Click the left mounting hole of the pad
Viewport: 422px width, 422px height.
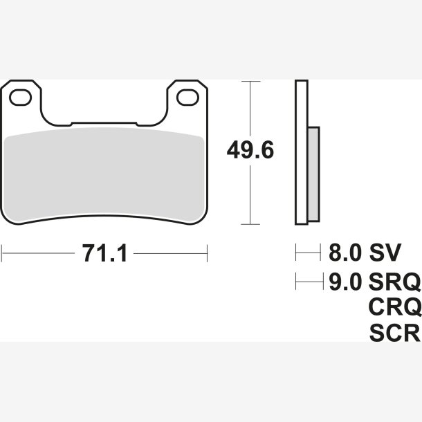pyautogui.click(x=21, y=98)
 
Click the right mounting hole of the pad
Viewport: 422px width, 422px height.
pyautogui.click(x=188, y=98)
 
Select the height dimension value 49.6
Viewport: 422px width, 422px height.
pyautogui.click(x=250, y=149)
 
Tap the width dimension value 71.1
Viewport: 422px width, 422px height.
pyautogui.click(x=104, y=253)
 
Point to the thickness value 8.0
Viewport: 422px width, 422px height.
pyautogui.click(x=345, y=253)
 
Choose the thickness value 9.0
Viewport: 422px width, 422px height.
pyautogui.click(x=345, y=282)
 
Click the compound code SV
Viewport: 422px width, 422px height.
pyautogui.click(x=385, y=253)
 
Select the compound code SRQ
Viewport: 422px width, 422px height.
pyautogui.click(x=395, y=282)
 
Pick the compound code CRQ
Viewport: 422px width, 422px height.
pyautogui.click(x=395, y=307)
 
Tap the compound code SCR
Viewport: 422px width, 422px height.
pyautogui.click(x=395, y=333)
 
